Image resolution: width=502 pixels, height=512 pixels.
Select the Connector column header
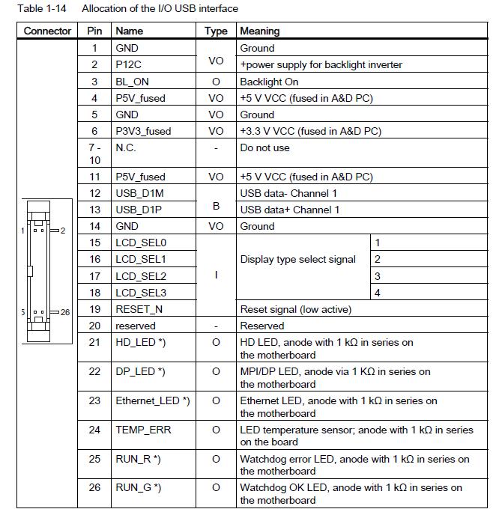48,31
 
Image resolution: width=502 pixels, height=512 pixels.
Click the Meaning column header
259,31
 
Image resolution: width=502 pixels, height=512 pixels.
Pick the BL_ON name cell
132,82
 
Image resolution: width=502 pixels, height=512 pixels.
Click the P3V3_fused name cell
143,131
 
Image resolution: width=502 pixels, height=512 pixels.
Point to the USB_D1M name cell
139,193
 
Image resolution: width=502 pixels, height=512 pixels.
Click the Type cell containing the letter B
216,201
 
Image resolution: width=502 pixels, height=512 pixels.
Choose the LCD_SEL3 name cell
141,293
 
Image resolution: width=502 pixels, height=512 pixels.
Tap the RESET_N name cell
139,309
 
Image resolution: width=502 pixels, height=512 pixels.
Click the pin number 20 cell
94,326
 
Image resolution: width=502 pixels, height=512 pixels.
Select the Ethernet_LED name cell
152,400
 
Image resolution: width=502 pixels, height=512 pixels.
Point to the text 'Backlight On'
269,82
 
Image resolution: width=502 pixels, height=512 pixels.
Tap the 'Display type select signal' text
297,260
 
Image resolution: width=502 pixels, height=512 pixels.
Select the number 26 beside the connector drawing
64,312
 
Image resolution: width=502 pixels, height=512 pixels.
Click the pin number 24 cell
94,430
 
